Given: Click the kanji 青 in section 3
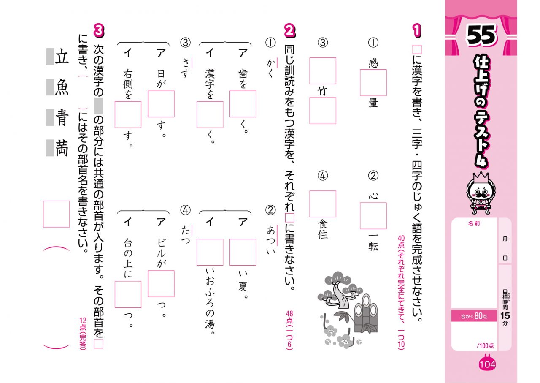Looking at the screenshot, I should pyautogui.click(x=62, y=118).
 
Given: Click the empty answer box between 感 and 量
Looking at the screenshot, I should pyautogui.click(x=373, y=83).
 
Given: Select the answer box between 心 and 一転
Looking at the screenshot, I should pyautogui.click(x=373, y=216).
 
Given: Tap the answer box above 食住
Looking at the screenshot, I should pyautogui.click(x=323, y=204).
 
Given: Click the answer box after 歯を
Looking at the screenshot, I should pyautogui.click(x=243, y=104).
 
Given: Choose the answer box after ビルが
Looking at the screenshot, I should pyautogui.click(x=161, y=284).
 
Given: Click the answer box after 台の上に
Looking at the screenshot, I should pyautogui.click(x=128, y=294).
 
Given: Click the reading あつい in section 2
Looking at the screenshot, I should pyautogui.click(x=270, y=241).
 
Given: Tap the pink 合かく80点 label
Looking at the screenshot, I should pyautogui.click(x=474, y=316).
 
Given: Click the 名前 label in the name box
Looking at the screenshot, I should pyautogui.click(x=474, y=223).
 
